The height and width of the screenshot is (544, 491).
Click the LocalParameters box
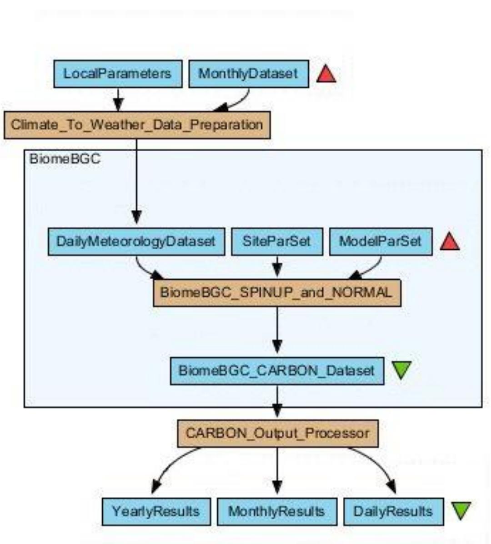118,74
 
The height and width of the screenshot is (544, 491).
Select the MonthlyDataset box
248,74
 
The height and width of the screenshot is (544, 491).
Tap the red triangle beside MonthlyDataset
326,74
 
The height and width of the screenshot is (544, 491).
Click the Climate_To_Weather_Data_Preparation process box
137,125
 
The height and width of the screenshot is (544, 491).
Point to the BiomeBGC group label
65,159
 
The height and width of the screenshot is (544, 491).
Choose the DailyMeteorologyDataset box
136,241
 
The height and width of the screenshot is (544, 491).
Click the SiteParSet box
276,241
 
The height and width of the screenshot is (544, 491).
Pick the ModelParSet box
381,241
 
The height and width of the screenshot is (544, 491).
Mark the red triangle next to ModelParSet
450,242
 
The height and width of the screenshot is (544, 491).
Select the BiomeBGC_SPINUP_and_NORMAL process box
276,293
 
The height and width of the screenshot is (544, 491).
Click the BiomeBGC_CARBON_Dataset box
276,371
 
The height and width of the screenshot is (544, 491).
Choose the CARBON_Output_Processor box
277,433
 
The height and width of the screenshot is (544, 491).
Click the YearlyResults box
156,511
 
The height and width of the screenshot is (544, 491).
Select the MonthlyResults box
276,511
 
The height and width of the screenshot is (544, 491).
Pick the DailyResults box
393,511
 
